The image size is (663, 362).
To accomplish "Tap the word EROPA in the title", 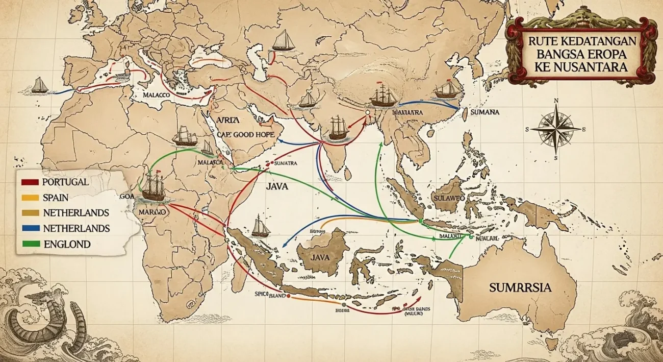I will pyautogui.click(x=601, y=53).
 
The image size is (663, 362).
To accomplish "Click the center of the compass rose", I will pyautogui.click(x=555, y=129).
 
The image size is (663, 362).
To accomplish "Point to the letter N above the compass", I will pyautogui.click(x=556, y=100).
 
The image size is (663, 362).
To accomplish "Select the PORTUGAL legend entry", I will pyautogui.click(x=66, y=182).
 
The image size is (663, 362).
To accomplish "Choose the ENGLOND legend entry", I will pyautogui.click(x=67, y=244).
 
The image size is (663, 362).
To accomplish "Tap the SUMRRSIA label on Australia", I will pyautogui.click(x=520, y=288).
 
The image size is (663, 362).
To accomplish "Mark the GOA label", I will pyautogui.click(x=124, y=196).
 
